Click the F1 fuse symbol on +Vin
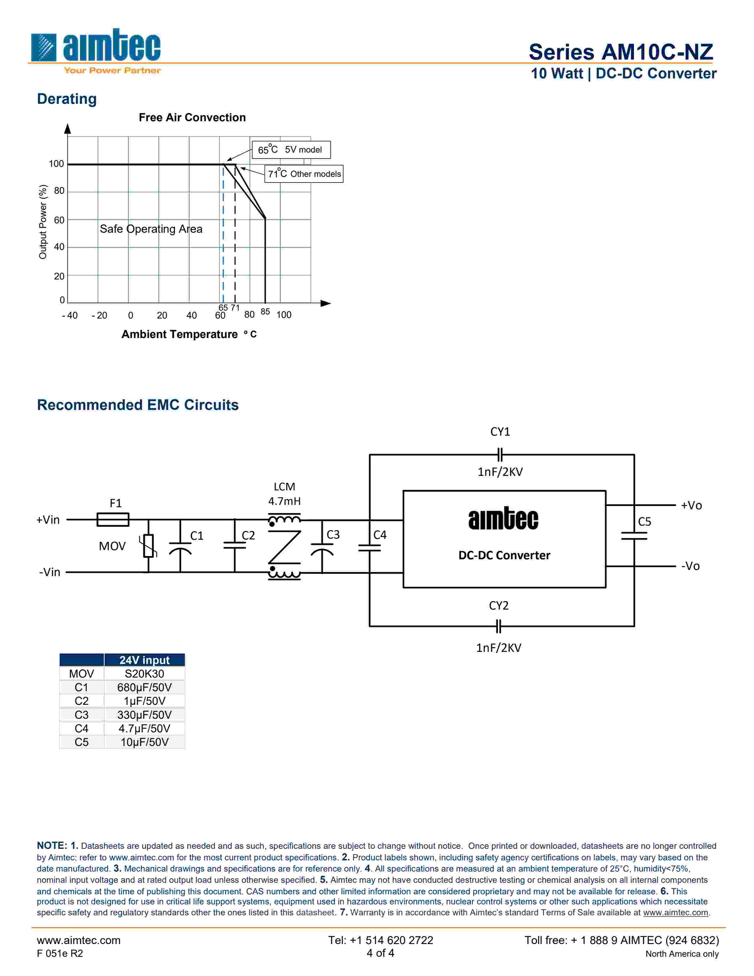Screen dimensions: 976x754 113,519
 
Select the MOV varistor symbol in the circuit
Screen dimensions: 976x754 148,546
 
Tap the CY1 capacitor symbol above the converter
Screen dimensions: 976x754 500,455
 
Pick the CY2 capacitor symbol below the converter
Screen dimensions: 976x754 499,626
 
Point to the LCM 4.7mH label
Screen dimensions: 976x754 284,494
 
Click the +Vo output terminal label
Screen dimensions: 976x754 691,505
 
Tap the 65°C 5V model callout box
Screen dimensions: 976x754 291,150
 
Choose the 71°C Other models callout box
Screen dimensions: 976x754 304,174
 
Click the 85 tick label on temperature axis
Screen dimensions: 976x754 265,311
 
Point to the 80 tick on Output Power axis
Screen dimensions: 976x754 59,191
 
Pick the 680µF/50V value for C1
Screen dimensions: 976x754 144,687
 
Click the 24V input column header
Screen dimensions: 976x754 144,660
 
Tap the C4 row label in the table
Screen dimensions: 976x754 81,728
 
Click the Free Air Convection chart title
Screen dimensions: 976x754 192,117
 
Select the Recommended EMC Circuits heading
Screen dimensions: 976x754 137,405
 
